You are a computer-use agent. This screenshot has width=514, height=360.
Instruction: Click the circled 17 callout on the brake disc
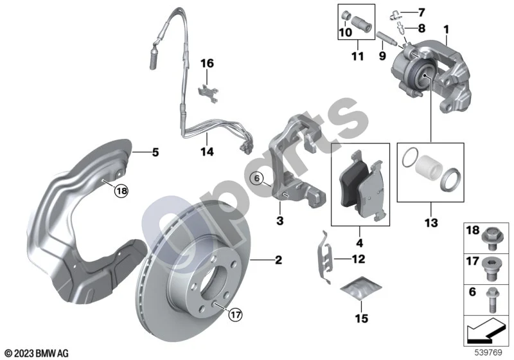click(235, 315)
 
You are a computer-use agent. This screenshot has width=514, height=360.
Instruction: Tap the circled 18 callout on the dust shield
click(121, 190)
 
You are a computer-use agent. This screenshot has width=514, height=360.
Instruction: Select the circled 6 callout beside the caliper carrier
click(256, 178)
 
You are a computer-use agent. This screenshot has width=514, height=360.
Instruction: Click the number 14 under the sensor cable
click(207, 152)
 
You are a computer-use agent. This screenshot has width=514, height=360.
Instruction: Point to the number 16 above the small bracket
click(207, 63)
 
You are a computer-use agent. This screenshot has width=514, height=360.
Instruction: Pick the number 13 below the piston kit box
click(431, 223)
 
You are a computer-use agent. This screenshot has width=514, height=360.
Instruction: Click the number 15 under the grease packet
click(361, 318)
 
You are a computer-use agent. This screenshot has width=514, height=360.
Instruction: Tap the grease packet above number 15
click(361, 287)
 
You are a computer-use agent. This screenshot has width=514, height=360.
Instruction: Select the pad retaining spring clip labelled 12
click(325, 258)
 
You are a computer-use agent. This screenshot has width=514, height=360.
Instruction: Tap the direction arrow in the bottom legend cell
click(484, 331)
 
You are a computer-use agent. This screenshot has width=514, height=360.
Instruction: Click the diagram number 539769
click(488, 353)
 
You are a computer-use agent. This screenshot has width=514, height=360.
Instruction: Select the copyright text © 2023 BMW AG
click(37, 354)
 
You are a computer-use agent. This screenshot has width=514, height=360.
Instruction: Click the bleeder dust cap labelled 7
click(395, 15)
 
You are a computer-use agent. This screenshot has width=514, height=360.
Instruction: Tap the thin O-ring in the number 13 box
click(410, 158)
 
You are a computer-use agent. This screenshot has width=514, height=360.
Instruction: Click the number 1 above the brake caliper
click(445, 30)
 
